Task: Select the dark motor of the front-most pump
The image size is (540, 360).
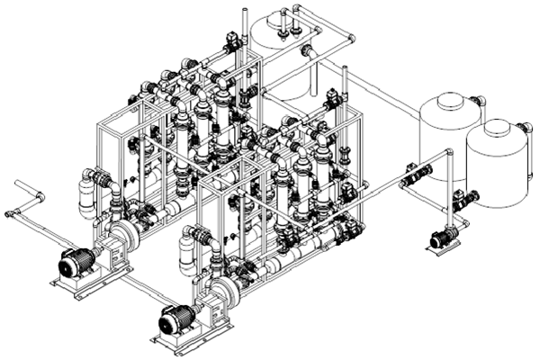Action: click(x=175, y=319)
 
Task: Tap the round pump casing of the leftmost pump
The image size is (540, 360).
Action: click(x=123, y=236)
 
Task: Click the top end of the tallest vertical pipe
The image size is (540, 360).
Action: click(x=244, y=12)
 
